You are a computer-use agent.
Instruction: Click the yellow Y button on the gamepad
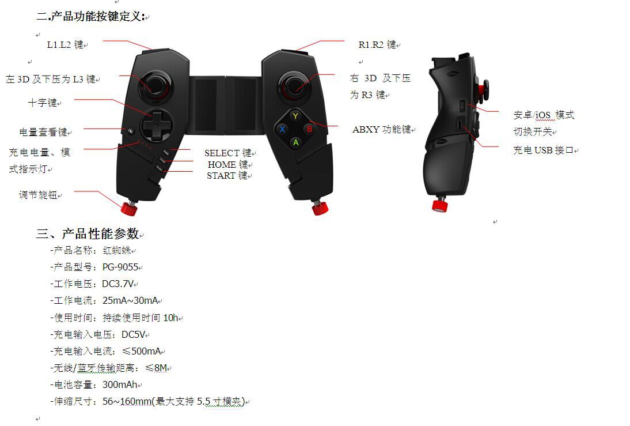[x=295, y=116]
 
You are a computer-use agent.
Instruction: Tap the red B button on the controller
[x=309, y=129]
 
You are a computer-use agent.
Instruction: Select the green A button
[x=295, y=142]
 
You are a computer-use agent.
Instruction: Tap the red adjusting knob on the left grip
[x=129, y=208]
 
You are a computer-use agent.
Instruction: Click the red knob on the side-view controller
[x=441, y=205]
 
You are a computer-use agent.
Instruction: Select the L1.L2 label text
[x=65, y=44]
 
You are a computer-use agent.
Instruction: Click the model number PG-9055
[x=120, y=267]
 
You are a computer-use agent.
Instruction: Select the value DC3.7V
[x=118, y=284]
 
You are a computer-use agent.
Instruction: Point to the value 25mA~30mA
[x=130, y=301]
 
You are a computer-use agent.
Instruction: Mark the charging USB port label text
[x=544, y=150]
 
